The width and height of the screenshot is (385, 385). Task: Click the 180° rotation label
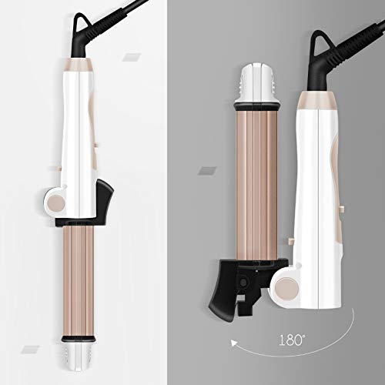[292, 340]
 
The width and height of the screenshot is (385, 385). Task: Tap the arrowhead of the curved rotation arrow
[233, 343]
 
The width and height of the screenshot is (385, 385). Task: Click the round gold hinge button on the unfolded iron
[56, 203]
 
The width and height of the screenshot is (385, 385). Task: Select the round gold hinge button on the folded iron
[288, 290]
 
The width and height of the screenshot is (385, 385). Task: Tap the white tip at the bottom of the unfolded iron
[79, 356]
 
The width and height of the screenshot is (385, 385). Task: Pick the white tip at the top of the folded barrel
[256, 83]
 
